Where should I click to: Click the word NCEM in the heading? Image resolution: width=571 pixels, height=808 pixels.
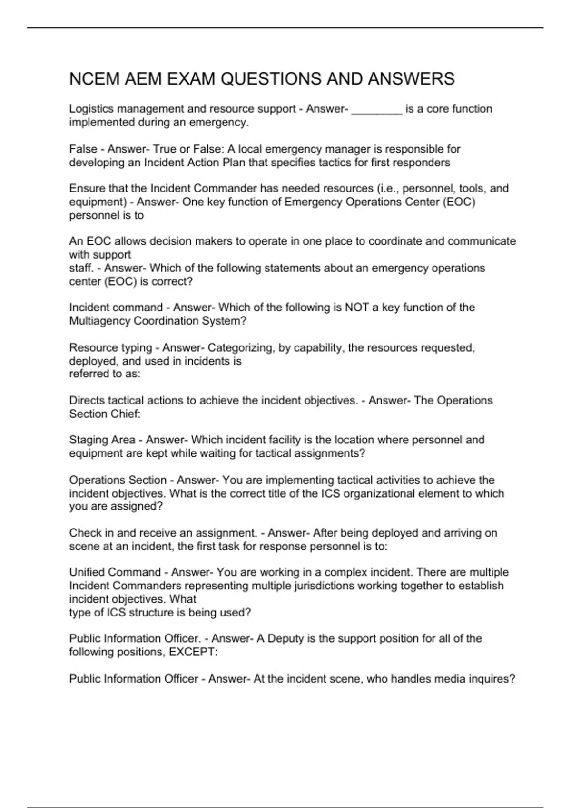[94, 79]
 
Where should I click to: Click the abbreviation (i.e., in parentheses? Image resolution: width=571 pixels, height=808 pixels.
[388, 188]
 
